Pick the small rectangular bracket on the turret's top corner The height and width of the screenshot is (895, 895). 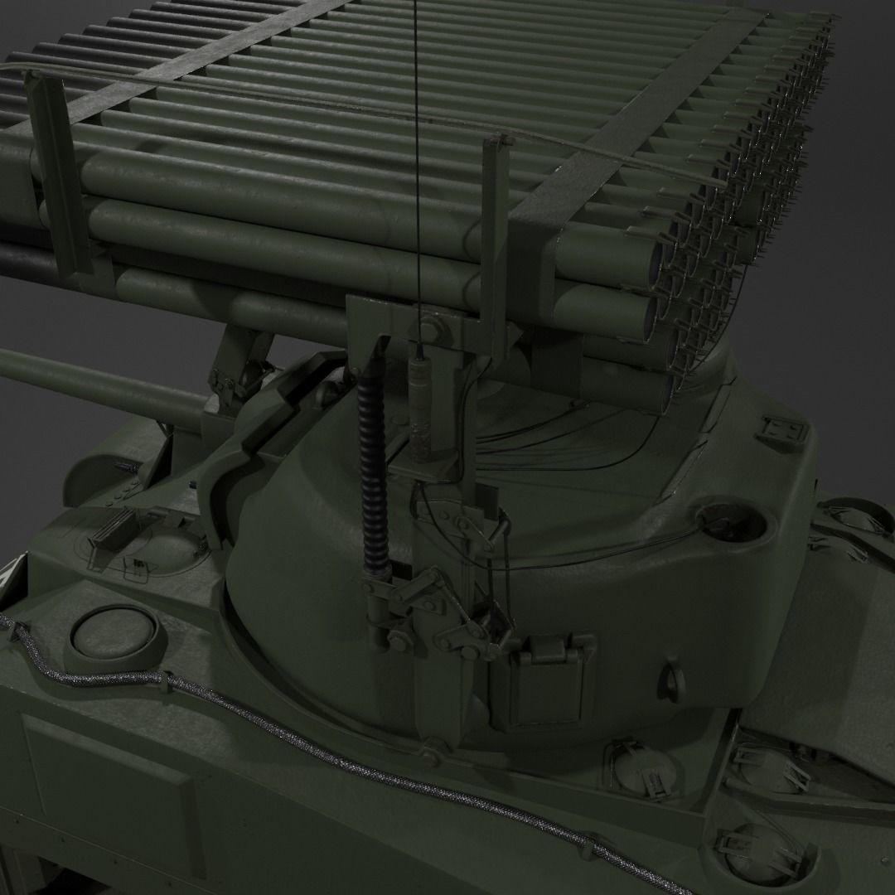point(781,432)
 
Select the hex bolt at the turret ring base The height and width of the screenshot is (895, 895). point(432,754)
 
